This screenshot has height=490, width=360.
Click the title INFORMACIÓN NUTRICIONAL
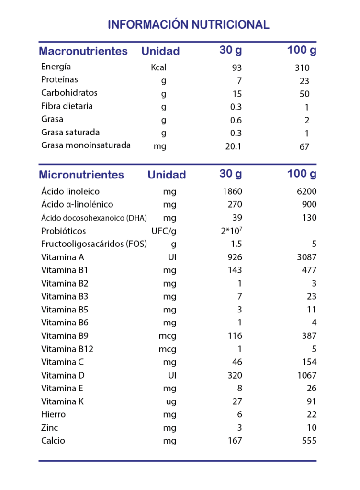(x=189, y=24)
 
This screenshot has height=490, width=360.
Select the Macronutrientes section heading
(x=83, y=51)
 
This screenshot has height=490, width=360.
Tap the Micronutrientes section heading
(x=81, y=175)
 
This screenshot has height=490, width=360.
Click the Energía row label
(x=56, y=67)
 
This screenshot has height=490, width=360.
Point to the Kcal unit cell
(x=158, y=67)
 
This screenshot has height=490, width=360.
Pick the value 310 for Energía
(x=302, y=68)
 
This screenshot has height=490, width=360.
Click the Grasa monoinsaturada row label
(x=86, y=145)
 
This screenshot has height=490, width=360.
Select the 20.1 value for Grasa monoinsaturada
(x=233, y=146)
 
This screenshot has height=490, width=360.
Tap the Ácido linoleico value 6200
(x=306, y=192)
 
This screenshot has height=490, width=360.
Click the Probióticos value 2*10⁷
(x=232, y=231)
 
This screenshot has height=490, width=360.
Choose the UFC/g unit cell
(x=164, y=231)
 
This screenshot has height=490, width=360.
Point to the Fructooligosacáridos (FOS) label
(x=94, y=244)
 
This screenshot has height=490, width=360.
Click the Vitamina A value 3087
(x=306, y=257)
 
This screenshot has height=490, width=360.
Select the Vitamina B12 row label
(x=67, y=349)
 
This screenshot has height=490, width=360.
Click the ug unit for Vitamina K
(x=169, y=402)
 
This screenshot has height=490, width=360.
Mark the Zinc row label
(x=50, y=427)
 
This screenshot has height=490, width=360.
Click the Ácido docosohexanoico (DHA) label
(x=94, y=218)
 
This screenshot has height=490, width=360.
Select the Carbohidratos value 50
(x=304, y=94)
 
